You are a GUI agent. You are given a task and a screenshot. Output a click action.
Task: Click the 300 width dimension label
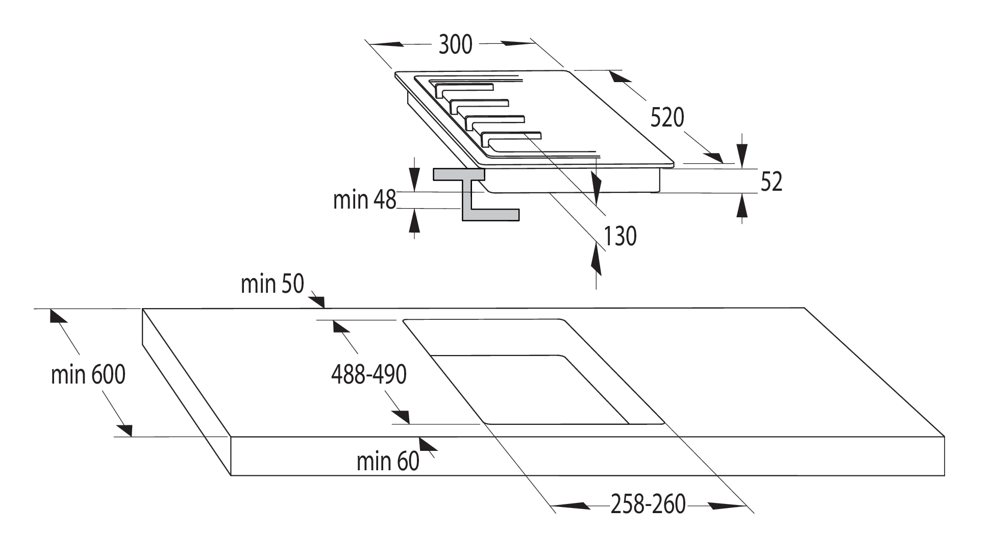point(456,45)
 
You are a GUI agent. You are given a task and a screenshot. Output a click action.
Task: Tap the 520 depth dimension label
point(667,118)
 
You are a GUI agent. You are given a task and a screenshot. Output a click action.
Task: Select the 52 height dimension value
point(771,182)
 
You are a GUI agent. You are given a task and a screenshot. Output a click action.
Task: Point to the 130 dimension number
point(620,236)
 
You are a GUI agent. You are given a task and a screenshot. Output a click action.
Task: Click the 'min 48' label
point(364,199)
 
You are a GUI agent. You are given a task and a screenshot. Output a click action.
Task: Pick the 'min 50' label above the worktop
point(272,284)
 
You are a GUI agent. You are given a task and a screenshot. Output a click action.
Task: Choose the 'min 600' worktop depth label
point(88,375)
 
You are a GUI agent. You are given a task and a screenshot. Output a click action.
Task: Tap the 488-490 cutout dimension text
point(368,375)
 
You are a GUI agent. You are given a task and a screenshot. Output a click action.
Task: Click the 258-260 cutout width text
point(648,504)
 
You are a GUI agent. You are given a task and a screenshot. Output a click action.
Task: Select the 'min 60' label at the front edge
point(388,462)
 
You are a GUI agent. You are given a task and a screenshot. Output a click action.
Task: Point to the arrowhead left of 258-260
point(570,506)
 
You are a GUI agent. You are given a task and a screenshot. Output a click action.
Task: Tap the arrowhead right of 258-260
point(728,506)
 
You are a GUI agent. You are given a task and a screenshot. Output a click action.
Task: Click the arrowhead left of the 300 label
point(385,44)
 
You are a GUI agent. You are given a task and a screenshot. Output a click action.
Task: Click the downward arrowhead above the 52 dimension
point(742,153)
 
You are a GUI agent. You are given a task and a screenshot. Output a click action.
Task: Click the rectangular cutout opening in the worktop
point(533,371)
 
